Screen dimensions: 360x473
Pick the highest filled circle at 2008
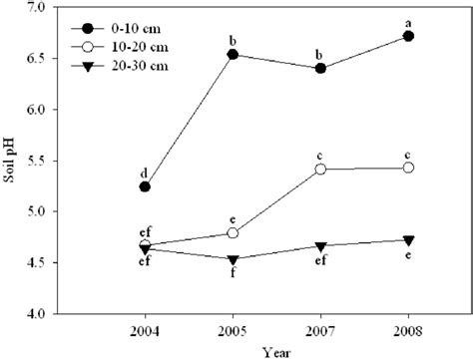(x=408, y=36)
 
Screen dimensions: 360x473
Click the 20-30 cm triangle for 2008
(x=408, y=240)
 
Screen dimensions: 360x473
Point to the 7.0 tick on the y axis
(x=37, y=7)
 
